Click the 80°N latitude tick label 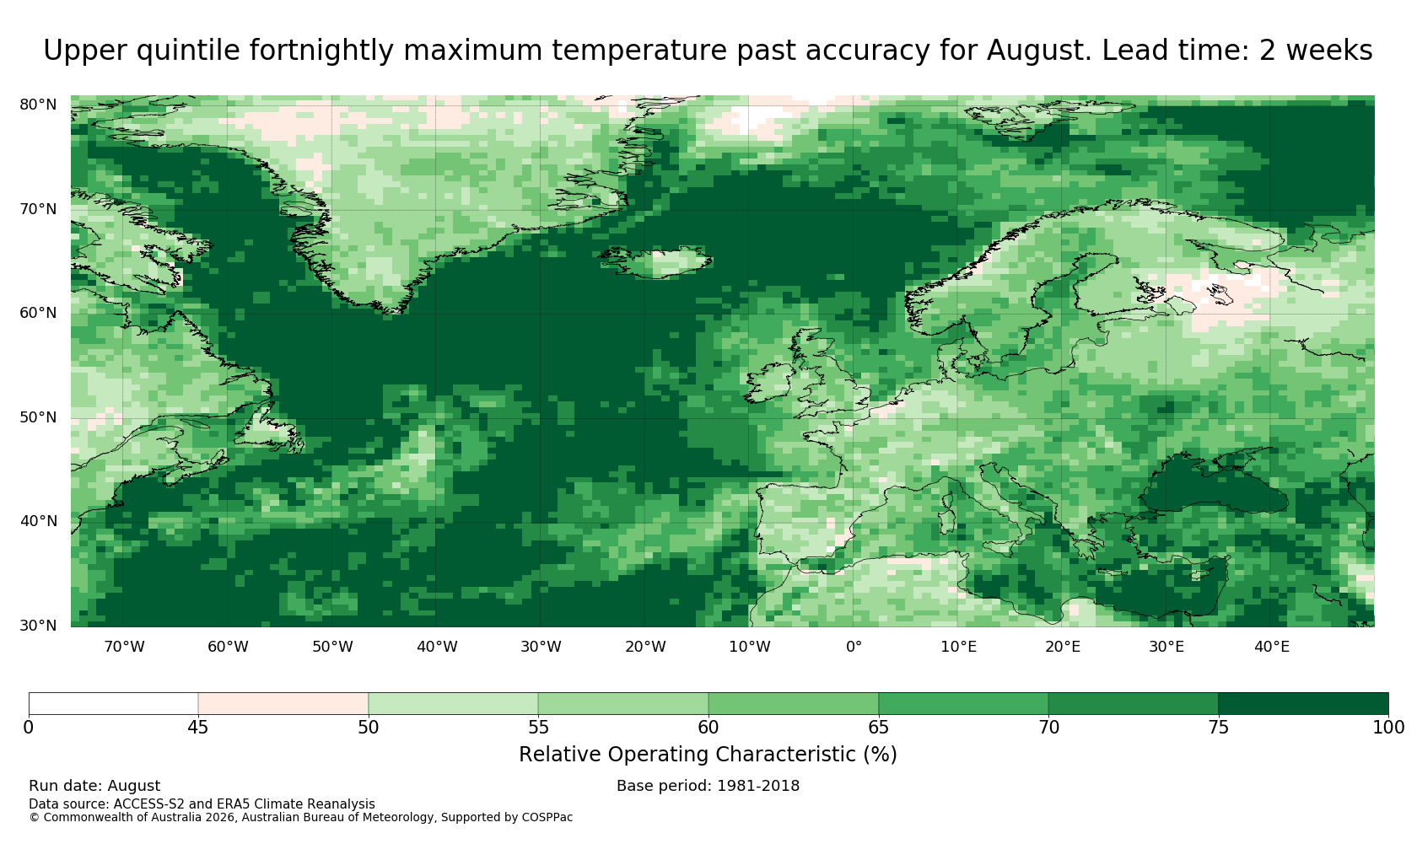pyautogui.click(x=38, y=105)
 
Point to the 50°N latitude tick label pyautogui.click(x=38, y=417)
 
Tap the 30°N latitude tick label pyautogui.click(x=38, y=626)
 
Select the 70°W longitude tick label pyautogui.click(x=125, y=647)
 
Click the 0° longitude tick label pyautogui.click(x=854, y=647)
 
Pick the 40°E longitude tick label pyautogui.click(x=1272, y=647)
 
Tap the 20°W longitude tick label pyautogui.click(x=646, y=647)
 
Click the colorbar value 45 pyautogui.click(x=198, y=728)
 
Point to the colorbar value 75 pyautogui.click(x=1218, y=728)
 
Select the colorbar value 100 pyautogui.click(x=1388, y=728)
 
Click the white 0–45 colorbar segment pyautogui.click(x=113, y=704)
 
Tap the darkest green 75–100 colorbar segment pyautogui.click(x=1303, y=704)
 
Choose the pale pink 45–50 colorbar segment pyautogui.click(x=283, y=704)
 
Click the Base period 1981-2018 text pyautogui.click(x=708, y=786)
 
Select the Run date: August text pyautogui.click(x=94, y=786)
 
